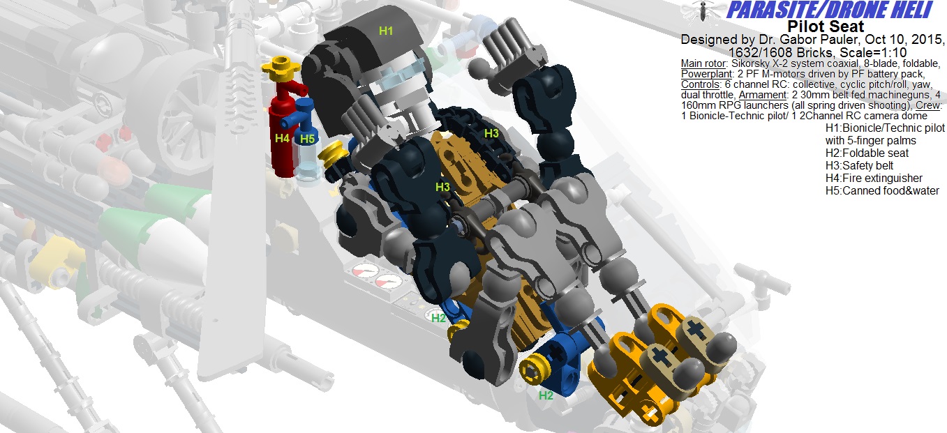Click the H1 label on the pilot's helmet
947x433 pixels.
click(x=385, y=31)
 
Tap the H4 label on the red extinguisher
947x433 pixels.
click(x=282, y=138)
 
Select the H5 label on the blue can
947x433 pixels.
click(x=307, y=139)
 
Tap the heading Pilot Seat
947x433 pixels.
click(x=826, y=26)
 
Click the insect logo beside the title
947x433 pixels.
click(x=702, y=10)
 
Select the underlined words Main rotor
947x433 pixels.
click(x=703, y=63)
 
